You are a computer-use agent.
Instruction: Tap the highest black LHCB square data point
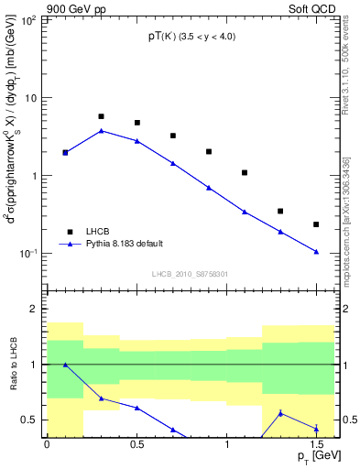tap(101, 116)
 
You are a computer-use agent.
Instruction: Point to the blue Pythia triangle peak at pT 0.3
tap(101, 131)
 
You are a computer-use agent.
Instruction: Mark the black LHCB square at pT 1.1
tap(245, 172)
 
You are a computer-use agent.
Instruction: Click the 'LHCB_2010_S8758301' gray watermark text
tap(191, 274)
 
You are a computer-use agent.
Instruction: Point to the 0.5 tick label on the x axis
tap(136, 444)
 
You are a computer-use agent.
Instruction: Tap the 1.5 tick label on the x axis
tap(316, 444)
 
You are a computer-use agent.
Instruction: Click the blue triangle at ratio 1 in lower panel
tap(65, 365)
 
